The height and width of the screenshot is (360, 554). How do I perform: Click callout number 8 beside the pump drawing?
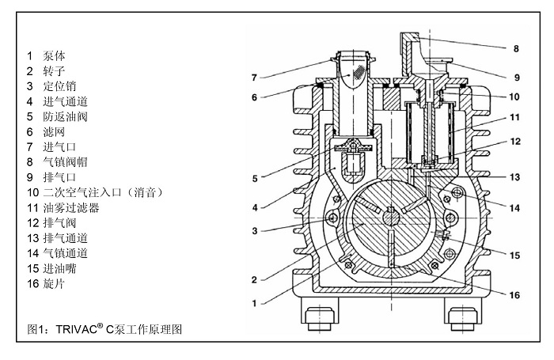(x=516, y=49)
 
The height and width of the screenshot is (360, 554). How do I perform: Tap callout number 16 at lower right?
(x=514, y=295)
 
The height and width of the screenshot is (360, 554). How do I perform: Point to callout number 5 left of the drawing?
(x=255, y=179)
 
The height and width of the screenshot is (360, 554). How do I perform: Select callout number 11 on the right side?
(x=514, y=117)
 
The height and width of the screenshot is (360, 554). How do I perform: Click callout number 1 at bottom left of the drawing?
(x=254, y=304)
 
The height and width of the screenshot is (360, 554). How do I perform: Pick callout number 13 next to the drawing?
(x=514, y=177)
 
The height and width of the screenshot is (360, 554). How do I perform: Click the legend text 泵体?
(x=54, y=56)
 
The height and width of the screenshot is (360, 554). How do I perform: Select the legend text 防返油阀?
(x=65, y=116)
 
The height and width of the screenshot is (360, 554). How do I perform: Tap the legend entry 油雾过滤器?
(x=70, y=208)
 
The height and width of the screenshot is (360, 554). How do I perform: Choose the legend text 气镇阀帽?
(x=65, y=162)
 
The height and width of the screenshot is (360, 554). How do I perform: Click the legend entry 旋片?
(x=54, y=284)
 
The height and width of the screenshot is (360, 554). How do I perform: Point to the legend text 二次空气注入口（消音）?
(x=103, y=192)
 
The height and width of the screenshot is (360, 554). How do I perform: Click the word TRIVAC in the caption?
(x=76, y=330)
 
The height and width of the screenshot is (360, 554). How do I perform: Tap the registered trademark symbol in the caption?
(x=101, y=326)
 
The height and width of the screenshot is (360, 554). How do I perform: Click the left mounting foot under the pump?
(x=320, y=314)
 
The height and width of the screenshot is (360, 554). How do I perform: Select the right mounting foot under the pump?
(x=462, y=314)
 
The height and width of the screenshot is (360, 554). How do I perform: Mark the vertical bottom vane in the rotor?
(x=391, y=248)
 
